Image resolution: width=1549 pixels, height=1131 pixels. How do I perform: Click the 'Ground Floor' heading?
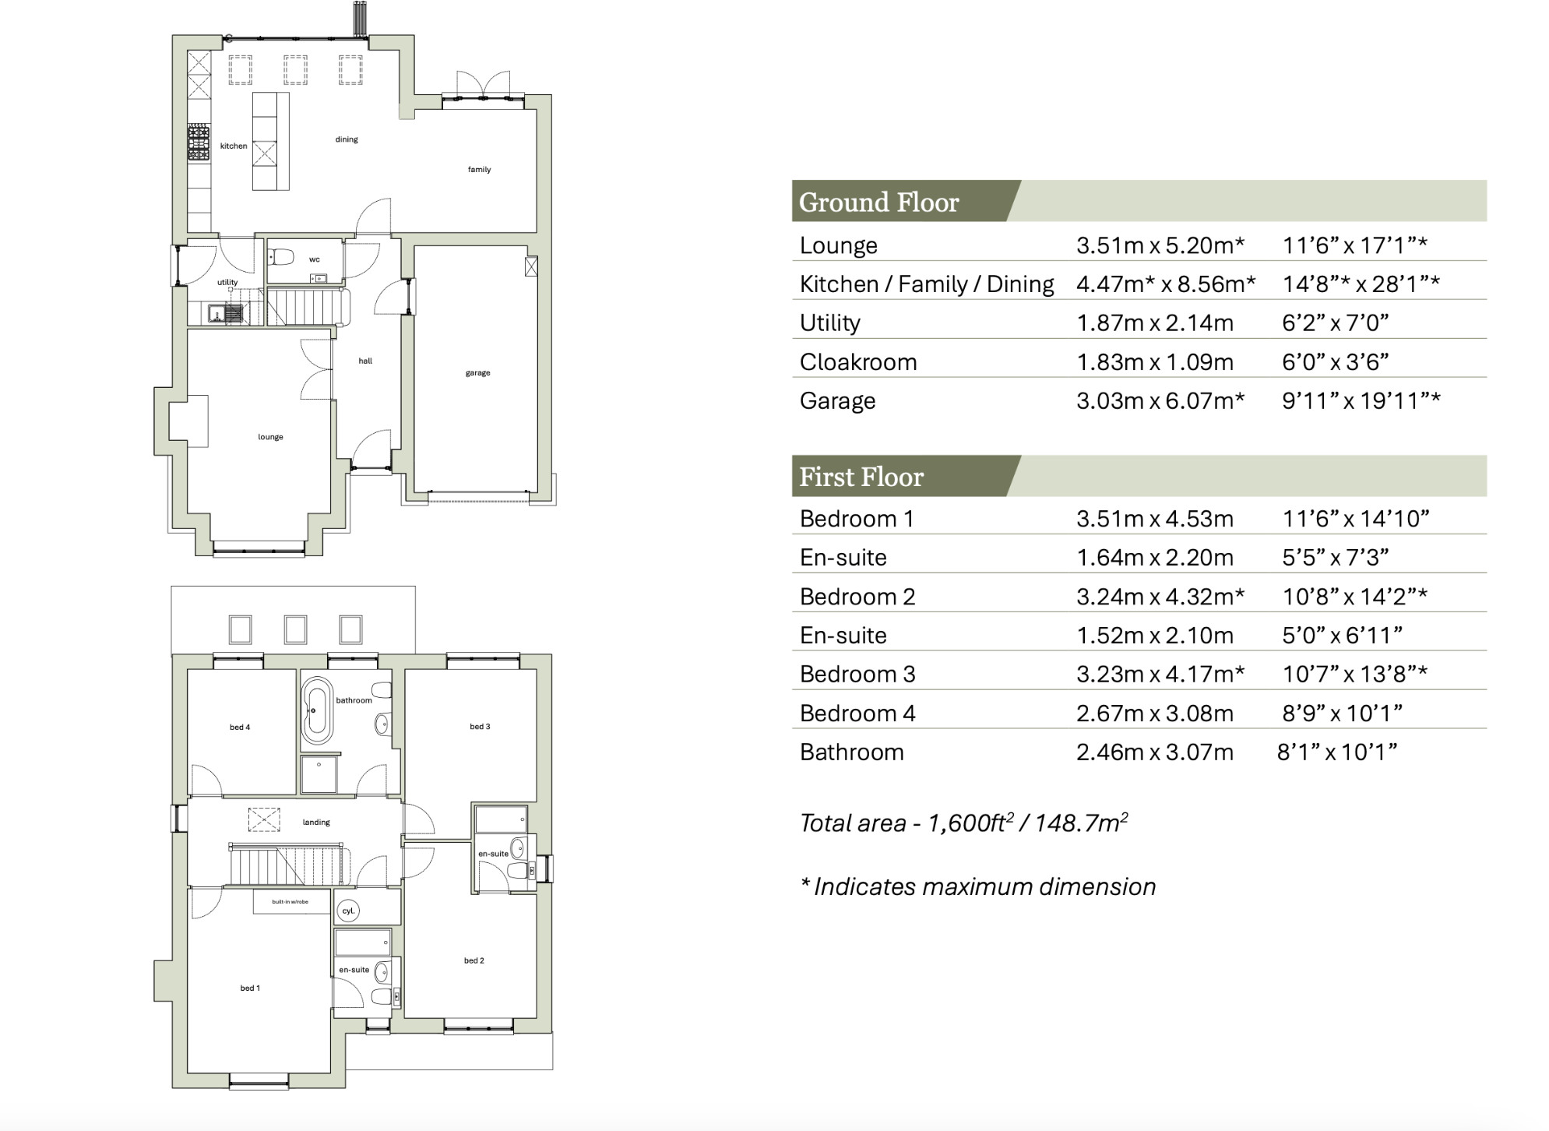[x=878, y=203]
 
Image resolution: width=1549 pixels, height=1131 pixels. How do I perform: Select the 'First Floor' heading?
[x=861, y=477]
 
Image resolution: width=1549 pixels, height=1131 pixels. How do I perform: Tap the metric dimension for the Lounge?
[x=1160, y=245]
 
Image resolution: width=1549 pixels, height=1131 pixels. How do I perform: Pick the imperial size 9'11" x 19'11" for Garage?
[x=1361, y=401]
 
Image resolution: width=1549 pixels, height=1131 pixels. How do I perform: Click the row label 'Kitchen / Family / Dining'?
[x=926, y=284]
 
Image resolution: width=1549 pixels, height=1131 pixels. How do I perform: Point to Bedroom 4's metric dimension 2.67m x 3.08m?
[x=1154, y=713]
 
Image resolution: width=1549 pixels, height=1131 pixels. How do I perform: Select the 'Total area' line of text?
[x=963, y=823]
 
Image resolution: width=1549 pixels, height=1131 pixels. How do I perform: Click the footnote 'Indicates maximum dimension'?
[x=984, y=887]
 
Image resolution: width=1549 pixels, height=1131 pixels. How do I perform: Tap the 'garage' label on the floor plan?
[x=477, y=373]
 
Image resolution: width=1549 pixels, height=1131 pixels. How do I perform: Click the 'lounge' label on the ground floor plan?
[x=270, y=437]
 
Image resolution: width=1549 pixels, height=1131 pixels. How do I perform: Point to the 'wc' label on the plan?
[x=314, y=259]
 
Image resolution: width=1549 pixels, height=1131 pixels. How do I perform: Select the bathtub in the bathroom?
[x=316, y=710]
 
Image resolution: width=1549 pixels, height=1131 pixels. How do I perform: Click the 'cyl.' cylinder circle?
[x=348, y=911]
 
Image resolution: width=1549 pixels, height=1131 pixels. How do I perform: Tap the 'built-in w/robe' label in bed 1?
[x=290, y=902]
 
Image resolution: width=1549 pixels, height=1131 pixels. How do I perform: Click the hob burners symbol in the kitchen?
[x=199, y=143]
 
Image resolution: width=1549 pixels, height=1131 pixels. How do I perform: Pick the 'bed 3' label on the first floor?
[x=480, y=727]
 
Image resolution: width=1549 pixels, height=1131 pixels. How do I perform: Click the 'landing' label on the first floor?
[x=316, y=823]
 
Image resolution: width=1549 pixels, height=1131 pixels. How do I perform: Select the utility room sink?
[x=216, y=314]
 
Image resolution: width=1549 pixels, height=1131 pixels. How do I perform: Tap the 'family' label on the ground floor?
[x=479, y=170]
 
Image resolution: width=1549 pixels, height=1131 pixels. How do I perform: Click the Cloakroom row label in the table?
[x=857, y=362]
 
